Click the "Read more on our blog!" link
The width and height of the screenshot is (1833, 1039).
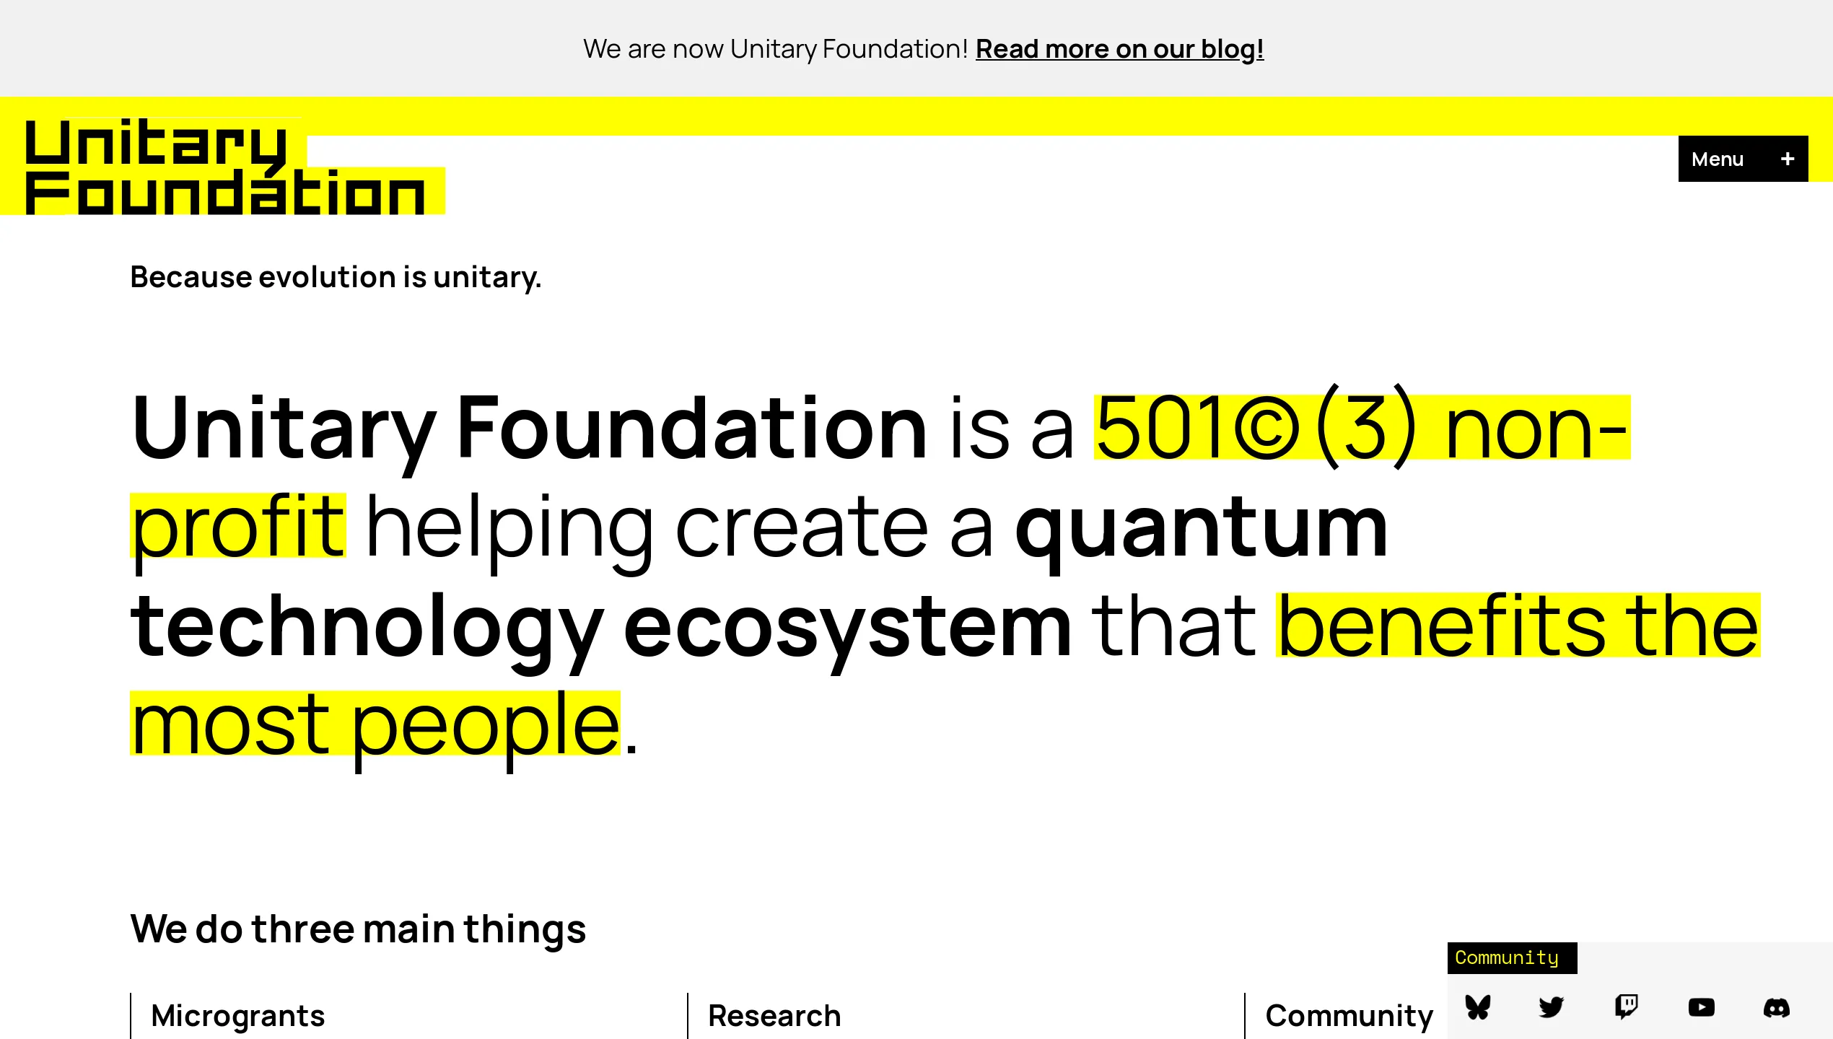click(1119, 49)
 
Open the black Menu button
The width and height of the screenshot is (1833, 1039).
click(1718, 159)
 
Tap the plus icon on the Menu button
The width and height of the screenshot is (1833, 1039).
click(1788, 159)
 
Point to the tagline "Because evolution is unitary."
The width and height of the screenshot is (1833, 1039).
click(336, 277)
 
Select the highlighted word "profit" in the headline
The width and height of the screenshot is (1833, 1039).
click(238, 527)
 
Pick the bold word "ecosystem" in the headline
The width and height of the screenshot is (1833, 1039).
click(847, 626)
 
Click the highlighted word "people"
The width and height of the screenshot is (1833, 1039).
click(485, 724)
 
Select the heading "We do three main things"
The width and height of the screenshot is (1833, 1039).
click(358, 929)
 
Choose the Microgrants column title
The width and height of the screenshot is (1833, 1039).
click(238, 1016)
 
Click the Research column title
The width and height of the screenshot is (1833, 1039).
click(774, 1016)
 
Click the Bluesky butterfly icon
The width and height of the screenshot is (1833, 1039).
click(1478, 1007)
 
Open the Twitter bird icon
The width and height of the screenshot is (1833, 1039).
click(1552, 1007)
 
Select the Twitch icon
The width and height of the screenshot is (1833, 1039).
click(1627, 1007)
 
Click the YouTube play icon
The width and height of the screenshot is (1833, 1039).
click(1701, 1007)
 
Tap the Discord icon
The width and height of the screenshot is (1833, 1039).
click(1776, 1007)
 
